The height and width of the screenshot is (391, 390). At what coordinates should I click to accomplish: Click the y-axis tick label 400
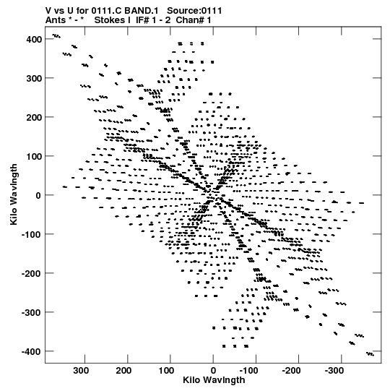tap(34, 39)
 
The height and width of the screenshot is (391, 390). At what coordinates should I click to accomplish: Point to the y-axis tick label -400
tap(31, 351)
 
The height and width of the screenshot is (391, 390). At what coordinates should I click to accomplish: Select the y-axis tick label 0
tap(38, 195)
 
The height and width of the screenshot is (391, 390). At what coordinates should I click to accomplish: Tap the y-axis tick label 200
tap(34, 117)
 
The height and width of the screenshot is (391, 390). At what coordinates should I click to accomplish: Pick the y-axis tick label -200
tap(31, 273)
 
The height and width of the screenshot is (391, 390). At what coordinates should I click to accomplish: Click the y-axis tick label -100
tap(31, 234)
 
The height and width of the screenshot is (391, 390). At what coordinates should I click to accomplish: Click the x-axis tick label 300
tap(81, 371)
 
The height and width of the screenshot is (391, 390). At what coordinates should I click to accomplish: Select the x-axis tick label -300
tap(334, 371)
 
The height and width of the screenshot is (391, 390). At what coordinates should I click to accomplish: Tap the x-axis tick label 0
tap(213, 371)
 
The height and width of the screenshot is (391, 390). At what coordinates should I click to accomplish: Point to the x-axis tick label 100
tap(166, 371)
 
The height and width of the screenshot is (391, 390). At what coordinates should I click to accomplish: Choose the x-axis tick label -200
tap(291, 371)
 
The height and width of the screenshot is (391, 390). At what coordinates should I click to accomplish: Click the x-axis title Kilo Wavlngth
tap(214, 380)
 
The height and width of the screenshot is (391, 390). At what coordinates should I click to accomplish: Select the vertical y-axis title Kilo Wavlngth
tap(14, 194)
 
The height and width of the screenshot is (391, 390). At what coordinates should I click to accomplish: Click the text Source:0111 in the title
tap(194, 11)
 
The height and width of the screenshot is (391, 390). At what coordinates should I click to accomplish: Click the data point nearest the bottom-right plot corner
tap(370, 354)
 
